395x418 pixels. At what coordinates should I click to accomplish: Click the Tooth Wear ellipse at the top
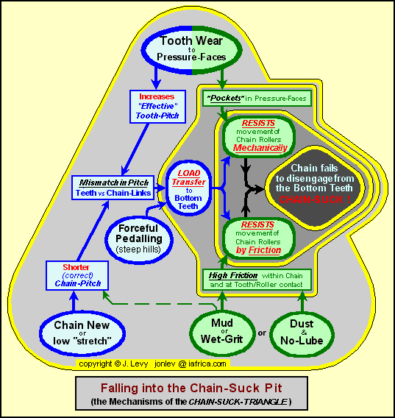[x=192, y=50]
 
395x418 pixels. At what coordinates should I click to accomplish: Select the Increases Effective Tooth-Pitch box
[x=157, y=107]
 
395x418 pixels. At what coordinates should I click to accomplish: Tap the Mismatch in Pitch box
[x=113, y=188]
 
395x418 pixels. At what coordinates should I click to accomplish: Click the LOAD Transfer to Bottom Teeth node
[x=189, y=188]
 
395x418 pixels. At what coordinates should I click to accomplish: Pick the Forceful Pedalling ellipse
[x=139, y=239]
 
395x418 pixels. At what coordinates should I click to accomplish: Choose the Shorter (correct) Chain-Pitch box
[x=77, y=275]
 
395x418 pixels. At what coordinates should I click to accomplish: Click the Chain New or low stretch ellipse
[x=82, y=333]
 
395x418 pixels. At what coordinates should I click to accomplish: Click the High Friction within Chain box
[x=257, y=280]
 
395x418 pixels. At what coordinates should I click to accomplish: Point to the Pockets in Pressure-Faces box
[x=257, y=99]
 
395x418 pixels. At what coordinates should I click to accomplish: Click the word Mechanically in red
[x=260, y=148]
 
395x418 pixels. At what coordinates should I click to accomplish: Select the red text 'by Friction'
[x=258, y=250]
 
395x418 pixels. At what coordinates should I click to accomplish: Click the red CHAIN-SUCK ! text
[x=315, y=199]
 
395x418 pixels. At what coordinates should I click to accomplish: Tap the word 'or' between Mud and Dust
[x=262, y=333]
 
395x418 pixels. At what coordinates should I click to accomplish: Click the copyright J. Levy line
[x=152, y=364]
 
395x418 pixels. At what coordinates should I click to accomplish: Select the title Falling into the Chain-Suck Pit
[x=191, y=388]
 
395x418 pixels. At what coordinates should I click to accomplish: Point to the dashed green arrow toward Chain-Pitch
[x=160, y=303]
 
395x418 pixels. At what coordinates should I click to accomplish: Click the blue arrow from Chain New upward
[x=74, y=301]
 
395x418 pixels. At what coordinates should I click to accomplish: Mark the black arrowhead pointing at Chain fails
[x=257, y=189]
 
